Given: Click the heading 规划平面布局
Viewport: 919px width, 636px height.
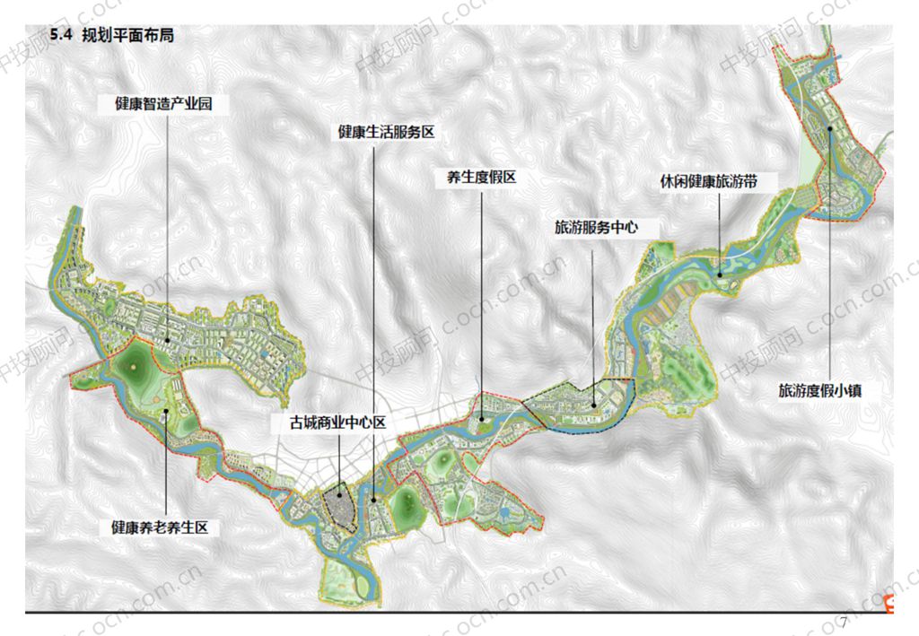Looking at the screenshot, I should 127,37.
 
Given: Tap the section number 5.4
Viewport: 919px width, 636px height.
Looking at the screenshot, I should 62,37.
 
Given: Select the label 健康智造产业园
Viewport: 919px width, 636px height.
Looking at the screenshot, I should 163,104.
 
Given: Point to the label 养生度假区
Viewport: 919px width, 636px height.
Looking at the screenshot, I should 482,178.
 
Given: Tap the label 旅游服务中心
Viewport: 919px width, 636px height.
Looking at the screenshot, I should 596,229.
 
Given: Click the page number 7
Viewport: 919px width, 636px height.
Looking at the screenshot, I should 843,622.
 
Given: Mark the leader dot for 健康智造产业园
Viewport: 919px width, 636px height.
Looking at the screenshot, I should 167,340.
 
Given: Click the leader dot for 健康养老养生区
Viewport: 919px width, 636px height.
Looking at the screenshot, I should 166,413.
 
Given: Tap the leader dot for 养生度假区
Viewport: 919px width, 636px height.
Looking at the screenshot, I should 482,416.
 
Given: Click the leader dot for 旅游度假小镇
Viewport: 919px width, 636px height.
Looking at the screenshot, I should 830,129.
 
